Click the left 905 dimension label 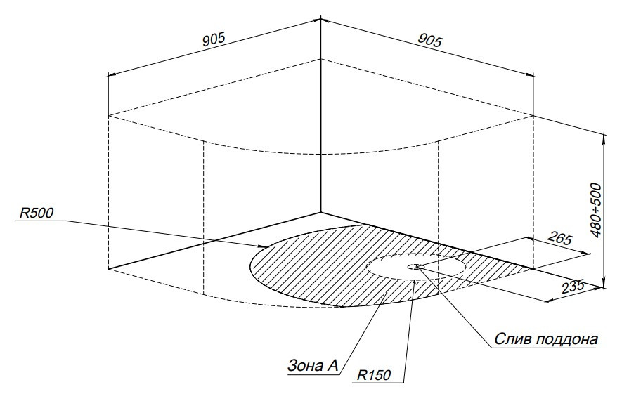tap(213, 39)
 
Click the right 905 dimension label tap(430, 40)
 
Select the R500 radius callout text tap(37, 213)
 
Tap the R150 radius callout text tap(373, 375)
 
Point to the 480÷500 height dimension tap(597, 211)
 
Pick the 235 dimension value tap(573, 287)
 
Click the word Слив tap(512, 339)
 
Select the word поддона tap(566, 340)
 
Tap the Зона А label tap(313, 365)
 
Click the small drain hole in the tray tap(413, 266)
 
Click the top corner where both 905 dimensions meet tap(321, 18)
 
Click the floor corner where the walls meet tap(321, 212)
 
